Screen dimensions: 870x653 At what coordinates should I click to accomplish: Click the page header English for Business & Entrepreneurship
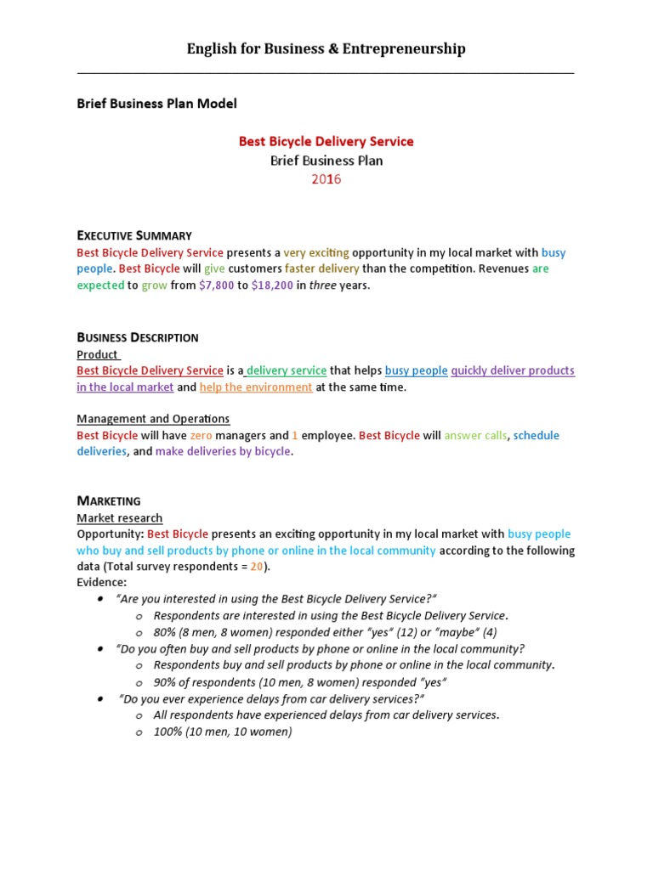[326, 48]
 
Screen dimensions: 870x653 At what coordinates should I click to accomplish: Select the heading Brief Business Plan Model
[156, 104]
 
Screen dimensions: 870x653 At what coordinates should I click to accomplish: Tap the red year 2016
[326, 179]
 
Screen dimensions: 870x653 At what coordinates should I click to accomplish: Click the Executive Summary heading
[133, 235]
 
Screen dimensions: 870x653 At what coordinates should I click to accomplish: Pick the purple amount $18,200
[272, 285]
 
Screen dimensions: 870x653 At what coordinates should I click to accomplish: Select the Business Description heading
[137, 337]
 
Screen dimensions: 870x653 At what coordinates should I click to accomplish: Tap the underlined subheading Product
[98, 354]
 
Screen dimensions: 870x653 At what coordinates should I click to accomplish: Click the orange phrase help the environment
[256, 387]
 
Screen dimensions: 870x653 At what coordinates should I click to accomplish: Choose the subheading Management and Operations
[153, 419]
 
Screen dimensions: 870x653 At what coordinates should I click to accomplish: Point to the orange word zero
[201, 436]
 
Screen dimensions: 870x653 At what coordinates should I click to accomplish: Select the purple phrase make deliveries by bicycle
[224, 452]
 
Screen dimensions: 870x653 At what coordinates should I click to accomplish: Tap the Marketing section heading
[109, 501]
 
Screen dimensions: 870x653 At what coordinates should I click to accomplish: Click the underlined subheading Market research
[119, 518]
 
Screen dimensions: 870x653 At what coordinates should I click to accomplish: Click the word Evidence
[101, 583]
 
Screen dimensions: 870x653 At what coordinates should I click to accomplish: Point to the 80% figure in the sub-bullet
[167, 633]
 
